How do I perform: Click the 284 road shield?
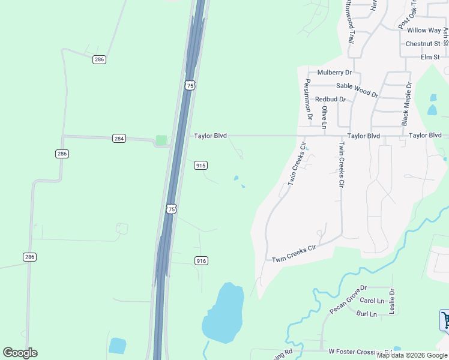click(119, 139)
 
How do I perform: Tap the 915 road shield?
click(200, 165)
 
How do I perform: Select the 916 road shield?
click(201, 260)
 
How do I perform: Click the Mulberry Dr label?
click(334, 73)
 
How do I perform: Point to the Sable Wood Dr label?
click(357, 90)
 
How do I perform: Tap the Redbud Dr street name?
click(330, 99)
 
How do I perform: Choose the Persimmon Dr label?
click(309, 99)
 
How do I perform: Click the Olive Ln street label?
click(325, 117)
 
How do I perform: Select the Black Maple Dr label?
click(406, 104)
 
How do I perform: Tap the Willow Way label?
click(424, 30)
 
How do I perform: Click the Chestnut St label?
click(423, 44)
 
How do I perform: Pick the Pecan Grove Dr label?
click(348, 300)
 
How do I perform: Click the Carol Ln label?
click(372, 301)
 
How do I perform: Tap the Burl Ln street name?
click(366, 314)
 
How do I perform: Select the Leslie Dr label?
click(392, 301)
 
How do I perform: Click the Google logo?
click(20, 353)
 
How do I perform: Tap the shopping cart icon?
click(445, 319)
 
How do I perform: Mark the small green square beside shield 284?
click(161, 140)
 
